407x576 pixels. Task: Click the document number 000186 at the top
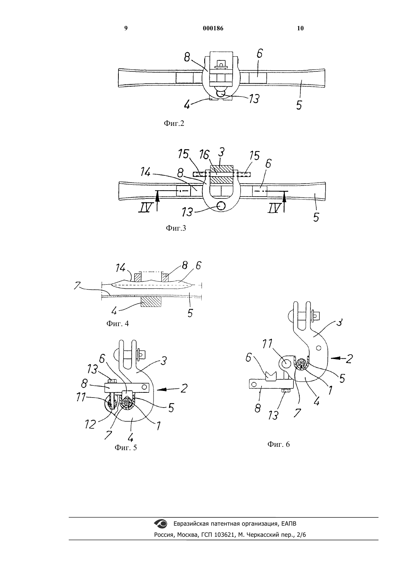[x=213, y=28]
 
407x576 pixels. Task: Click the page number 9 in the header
[x=126, y=28]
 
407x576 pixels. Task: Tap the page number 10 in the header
[x=300, y=28]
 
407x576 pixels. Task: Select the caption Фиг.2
[x=174, y=123]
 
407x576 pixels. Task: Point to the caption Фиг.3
[x=176, y=228]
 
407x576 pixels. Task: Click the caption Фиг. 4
[x=117, y=323]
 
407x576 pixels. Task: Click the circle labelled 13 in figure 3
[x=221, y=205]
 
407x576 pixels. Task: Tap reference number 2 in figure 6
[x=349, y=359]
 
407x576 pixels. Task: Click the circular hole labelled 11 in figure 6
[x=286, y=363]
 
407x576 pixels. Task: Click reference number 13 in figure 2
[x=254, y=99]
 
